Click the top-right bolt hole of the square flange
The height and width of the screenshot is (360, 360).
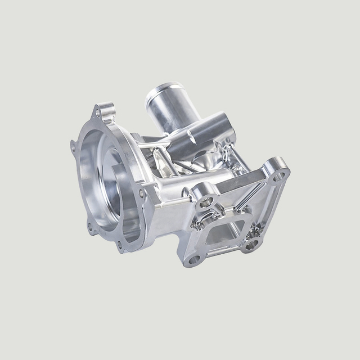(x=277, y=176)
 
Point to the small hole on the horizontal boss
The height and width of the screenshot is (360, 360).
(x=191, y=134)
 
